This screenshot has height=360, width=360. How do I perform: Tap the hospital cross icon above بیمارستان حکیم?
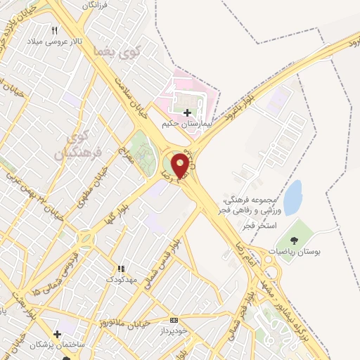click(x=187, y=112)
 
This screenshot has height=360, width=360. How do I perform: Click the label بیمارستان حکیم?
click(x=186, y=123)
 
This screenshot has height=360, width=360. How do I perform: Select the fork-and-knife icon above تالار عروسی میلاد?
click(x=56, y=30)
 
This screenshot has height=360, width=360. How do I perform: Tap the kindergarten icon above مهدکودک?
click(x=120, y=269)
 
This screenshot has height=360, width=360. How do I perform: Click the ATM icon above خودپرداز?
click(x=174, y=320)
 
